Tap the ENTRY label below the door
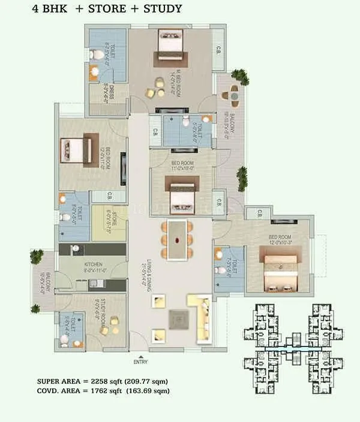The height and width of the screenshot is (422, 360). (140, 362)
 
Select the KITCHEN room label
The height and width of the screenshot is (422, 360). (93, 264)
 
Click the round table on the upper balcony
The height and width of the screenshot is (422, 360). (233, 94)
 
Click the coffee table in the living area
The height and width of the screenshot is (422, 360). (178, 318)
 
